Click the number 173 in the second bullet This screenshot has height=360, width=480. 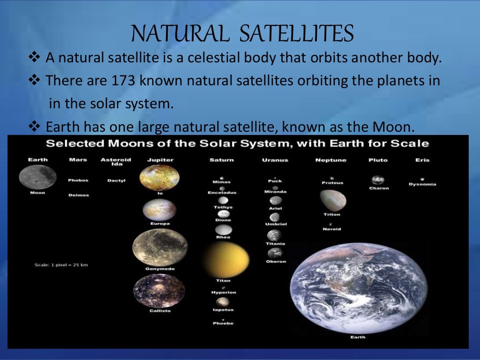tap(124, 81)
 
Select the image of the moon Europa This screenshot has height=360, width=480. tap(159, 210)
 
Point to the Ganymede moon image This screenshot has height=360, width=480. tap(160, 247)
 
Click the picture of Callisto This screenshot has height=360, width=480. tap(159, 291)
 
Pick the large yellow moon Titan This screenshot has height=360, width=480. tap(226, 259)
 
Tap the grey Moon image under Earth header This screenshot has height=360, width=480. tap(37, 177)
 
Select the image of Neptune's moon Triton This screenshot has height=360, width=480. tap(333, 200)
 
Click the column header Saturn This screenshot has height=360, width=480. tap(221, 160)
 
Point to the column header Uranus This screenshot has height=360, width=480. tap(275, 160)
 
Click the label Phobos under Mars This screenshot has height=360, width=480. tap(78, 180)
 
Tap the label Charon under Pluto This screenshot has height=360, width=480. tap(379, 188)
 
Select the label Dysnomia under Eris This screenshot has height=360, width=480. tap(422, 184)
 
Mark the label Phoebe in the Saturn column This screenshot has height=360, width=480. tap(223, 323)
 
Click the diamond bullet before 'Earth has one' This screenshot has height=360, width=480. tap(36, 126)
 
